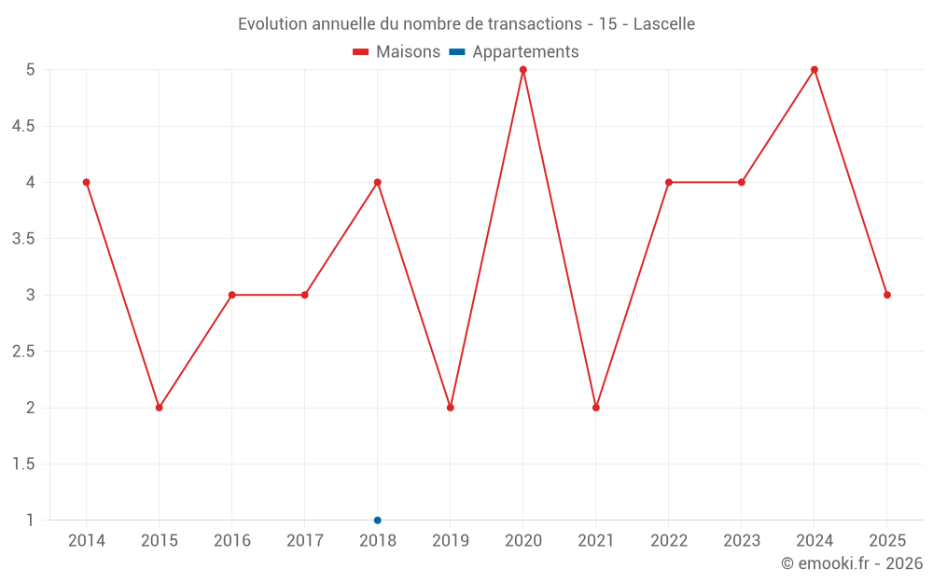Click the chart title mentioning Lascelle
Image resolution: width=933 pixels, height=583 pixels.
466,23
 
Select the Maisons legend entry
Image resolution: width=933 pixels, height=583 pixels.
397,52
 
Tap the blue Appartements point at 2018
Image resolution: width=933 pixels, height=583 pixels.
378,521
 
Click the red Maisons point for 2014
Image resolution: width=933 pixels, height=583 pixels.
87,183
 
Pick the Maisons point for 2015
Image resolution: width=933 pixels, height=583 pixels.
160,408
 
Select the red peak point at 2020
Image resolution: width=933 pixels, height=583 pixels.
523,70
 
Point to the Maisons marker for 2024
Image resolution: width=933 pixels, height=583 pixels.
815,70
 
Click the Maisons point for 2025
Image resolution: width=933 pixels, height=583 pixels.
887,295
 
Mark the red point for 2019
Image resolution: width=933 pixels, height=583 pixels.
451,408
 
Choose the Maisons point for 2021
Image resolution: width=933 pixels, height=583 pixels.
596,408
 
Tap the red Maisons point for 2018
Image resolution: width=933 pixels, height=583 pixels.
378,183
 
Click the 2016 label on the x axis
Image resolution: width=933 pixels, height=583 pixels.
232,541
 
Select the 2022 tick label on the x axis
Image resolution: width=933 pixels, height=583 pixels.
669,541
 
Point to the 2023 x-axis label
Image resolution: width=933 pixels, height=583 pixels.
742,541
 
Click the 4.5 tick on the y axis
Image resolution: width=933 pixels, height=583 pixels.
23,126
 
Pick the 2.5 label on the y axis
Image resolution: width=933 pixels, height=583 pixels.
23,352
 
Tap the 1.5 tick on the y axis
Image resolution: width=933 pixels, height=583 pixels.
23,465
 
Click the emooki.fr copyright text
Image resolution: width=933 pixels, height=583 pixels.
852,563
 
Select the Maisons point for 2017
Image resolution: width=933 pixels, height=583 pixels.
305,295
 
